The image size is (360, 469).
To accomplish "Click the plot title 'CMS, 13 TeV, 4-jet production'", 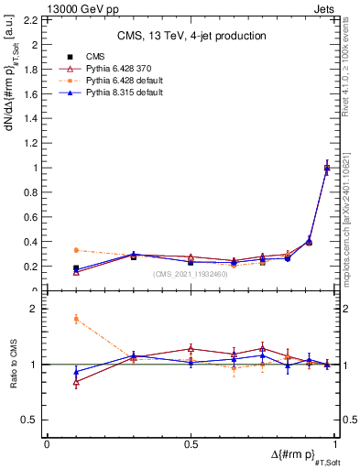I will coord(191,36).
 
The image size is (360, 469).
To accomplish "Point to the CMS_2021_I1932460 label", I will coord(191,274).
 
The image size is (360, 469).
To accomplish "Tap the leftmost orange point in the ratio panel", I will coord(76,319).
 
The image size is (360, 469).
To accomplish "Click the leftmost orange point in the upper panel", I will coord(76,250).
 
